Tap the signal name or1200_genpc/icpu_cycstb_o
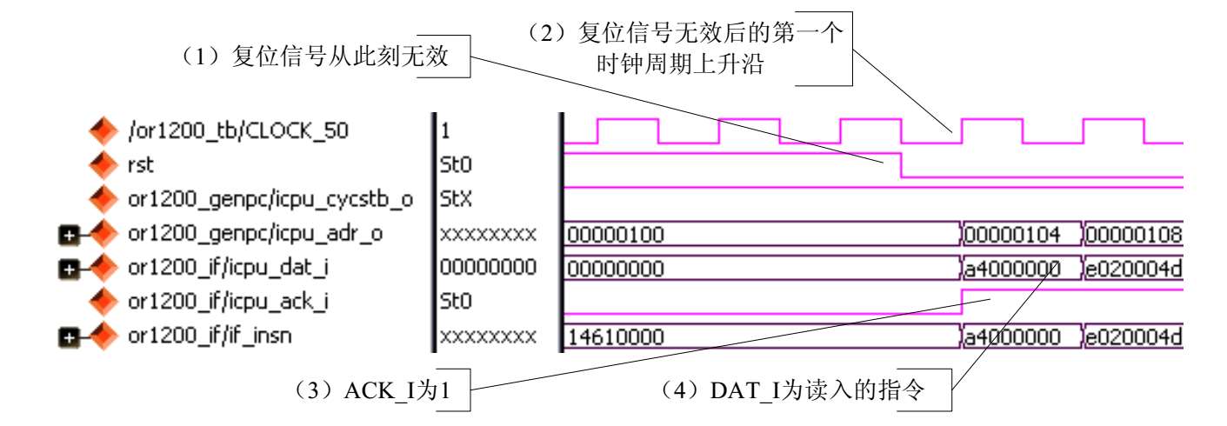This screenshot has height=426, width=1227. pos(270,200)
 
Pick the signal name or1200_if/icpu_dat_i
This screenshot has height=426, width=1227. pos(227,268)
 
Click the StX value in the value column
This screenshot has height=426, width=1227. pos(450,200)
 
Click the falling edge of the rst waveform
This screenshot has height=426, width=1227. pos(900,166)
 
